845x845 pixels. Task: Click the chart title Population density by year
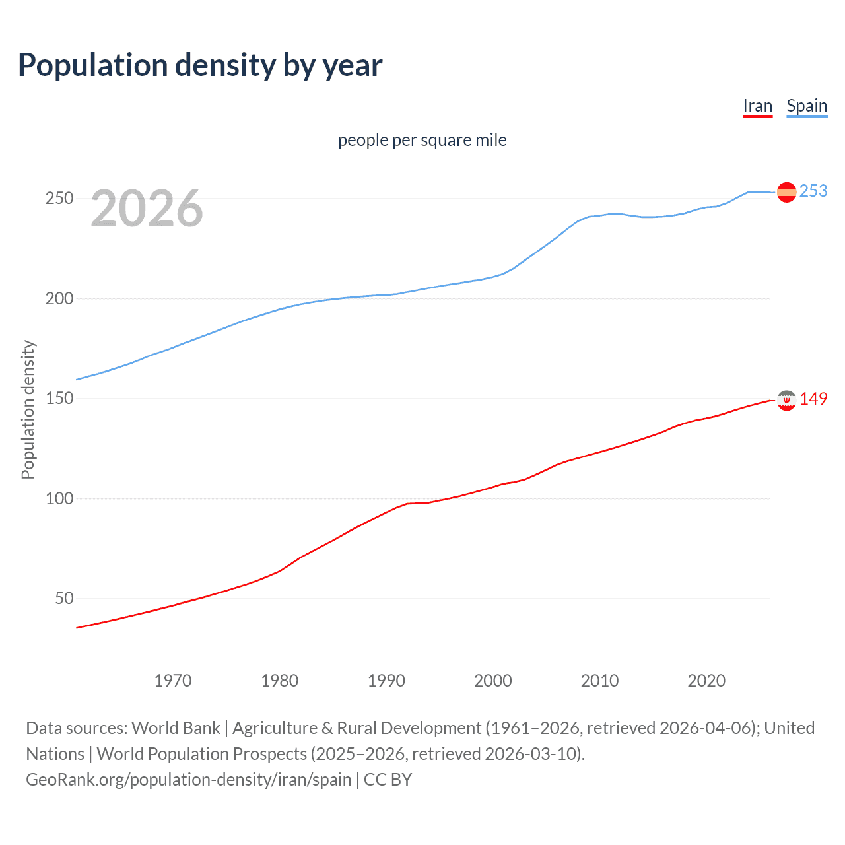[x=200, y=65]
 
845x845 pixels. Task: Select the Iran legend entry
[x=757, y=106]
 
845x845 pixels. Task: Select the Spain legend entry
[x=807, y=106]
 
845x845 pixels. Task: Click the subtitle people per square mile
[x=422, y=141]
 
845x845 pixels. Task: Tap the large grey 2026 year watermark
[x=147, y=209]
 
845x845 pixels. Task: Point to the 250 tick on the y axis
[x=59, y=199]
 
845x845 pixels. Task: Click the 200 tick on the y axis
[x=59, y=298]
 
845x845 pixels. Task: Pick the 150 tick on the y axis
[x=59, y=399]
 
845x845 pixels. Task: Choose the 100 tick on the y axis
[x=59, y=498]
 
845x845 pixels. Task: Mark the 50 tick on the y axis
[x=64, y=599]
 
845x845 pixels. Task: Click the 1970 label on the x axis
[x=173, y=681]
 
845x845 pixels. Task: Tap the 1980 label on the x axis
[x=280, y=681]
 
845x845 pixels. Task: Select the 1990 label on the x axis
[x=386, y=681]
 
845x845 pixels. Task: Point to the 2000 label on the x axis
[x=493, y=681]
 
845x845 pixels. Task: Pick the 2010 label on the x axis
[x=600, y=681]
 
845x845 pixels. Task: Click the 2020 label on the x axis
[x=706, y=681]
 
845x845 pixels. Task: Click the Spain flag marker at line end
[x=786, y=192]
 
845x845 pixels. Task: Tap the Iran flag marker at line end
[x=786, y=400]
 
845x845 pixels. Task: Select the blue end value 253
[x=813, y=191]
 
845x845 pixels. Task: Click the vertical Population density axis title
[x=28, y=409]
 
